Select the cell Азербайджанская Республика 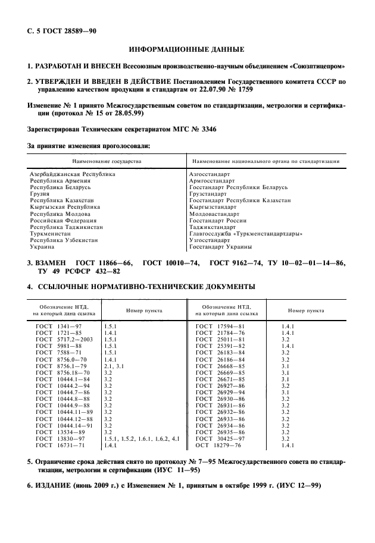tap(72, 174)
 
